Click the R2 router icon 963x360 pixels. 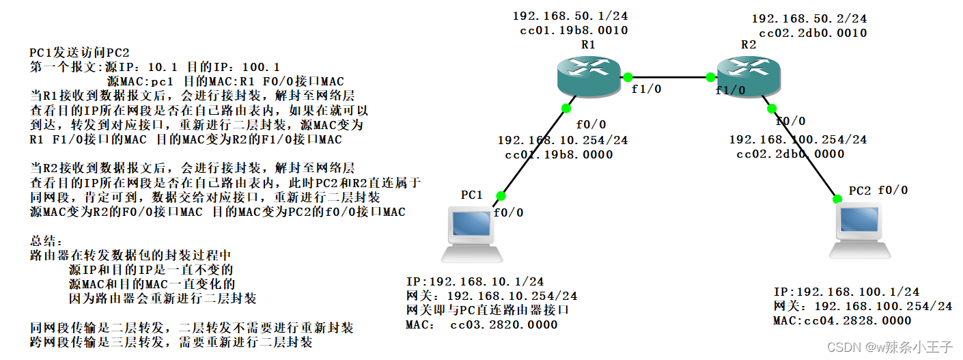[x=746, y=76]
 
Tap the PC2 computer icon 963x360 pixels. [x=859, y=232]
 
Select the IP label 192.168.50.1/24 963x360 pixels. [x=570, y=16]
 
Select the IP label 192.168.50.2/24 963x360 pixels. [x=809, y=18]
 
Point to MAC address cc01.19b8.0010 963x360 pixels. [x=574, y=30]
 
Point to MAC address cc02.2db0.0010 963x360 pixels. [x=813, y=33]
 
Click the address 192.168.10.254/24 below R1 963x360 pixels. [x=563, y=140]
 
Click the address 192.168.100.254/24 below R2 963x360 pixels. [x=798, y=139]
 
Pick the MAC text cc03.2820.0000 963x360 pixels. [x=503, y=324]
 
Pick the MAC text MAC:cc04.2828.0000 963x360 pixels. [x=842, y=320]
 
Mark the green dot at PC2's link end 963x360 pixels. [x=838, y=199]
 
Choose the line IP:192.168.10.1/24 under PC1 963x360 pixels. [x=475, y=281]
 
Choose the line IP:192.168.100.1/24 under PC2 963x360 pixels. [x=846, y=292]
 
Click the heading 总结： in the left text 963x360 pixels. [x=46, y=242]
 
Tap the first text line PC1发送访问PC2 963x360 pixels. [x=79, y=53]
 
